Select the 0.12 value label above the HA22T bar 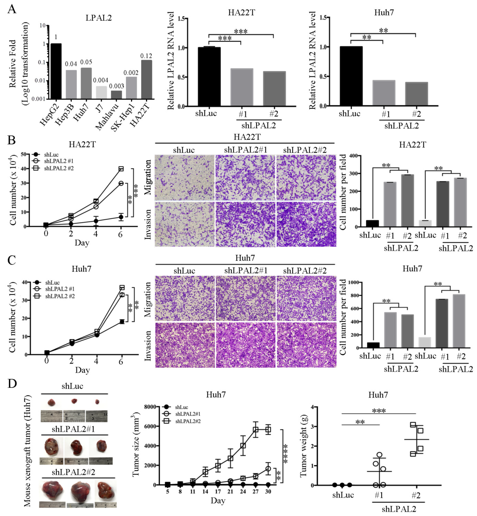[146, 56]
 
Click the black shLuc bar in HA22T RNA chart [209, 77]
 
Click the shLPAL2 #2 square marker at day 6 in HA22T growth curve [121, 169]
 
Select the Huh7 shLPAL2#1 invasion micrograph [245, 345]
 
